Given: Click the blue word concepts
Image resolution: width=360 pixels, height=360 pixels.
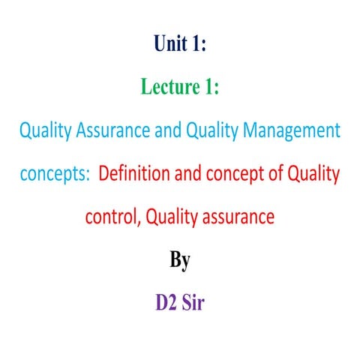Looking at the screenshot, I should coord(52,175).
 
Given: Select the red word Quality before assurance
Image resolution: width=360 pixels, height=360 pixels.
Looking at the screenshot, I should coord(172,218).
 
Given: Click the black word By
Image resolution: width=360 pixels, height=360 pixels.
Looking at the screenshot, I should coord(180,262).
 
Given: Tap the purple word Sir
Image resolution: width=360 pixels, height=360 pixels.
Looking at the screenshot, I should coord(196,305).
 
